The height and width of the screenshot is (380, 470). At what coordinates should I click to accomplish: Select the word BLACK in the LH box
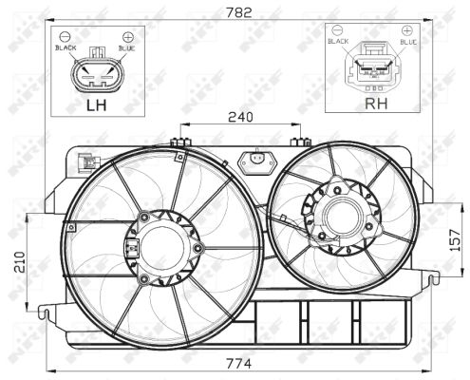(x=66, y=47)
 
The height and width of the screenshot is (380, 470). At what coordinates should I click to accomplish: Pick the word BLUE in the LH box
(x=127, y=47)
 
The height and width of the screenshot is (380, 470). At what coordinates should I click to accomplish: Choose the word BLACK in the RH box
(x=338, y=43)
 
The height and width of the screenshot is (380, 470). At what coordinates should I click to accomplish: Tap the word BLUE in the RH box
(x=408, y=43)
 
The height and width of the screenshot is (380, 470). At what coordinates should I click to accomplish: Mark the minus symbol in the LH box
(x=66, y=36)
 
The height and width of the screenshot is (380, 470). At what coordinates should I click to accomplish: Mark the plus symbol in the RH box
(x=408, y=31)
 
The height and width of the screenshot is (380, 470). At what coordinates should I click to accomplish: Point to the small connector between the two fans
(x=254, y=161)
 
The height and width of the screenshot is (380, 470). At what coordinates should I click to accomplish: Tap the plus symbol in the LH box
(x=127, y=36)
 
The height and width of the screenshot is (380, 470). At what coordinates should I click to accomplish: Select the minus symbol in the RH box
(x=338, y=31)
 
